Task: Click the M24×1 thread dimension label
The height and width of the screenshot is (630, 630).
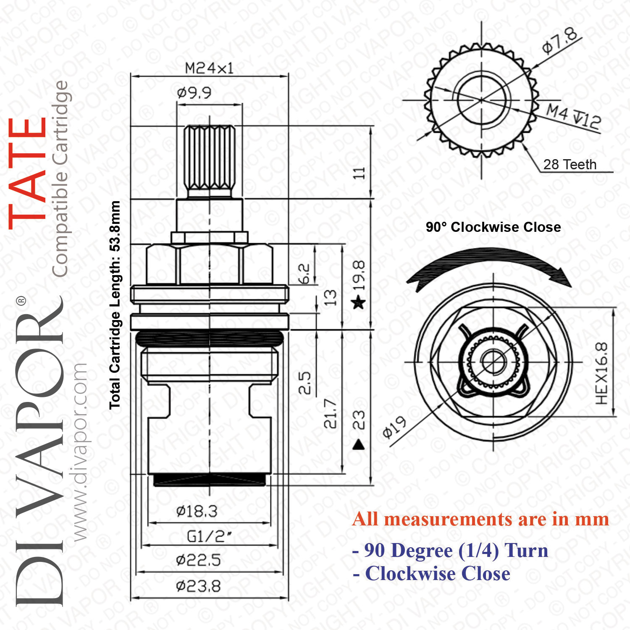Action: coord(209,68)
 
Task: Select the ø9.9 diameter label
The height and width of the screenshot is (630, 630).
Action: coord(194,92)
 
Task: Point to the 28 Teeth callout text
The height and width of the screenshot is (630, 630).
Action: coord(570,164)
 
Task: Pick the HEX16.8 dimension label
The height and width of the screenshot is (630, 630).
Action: coord(601,373)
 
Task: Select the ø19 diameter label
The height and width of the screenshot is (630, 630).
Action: coord(394,428)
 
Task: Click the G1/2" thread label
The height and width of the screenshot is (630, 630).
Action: coord(209,536)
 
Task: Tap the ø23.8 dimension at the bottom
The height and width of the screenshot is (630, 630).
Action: coord(198,586)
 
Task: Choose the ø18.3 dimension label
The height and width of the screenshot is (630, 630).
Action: coord(197,511)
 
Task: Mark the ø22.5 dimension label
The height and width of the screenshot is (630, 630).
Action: coord(198,560)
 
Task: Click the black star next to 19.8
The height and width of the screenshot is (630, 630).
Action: coord(359,302)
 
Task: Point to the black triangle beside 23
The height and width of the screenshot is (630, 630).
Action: coord(358,444)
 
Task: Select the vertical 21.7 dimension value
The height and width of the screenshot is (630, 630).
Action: coord(331,414)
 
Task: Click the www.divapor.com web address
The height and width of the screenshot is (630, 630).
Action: coord(79,452)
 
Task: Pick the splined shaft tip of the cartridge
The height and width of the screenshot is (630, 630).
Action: coord(209,161)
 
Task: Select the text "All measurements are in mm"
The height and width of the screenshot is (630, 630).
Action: coord(481,519)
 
